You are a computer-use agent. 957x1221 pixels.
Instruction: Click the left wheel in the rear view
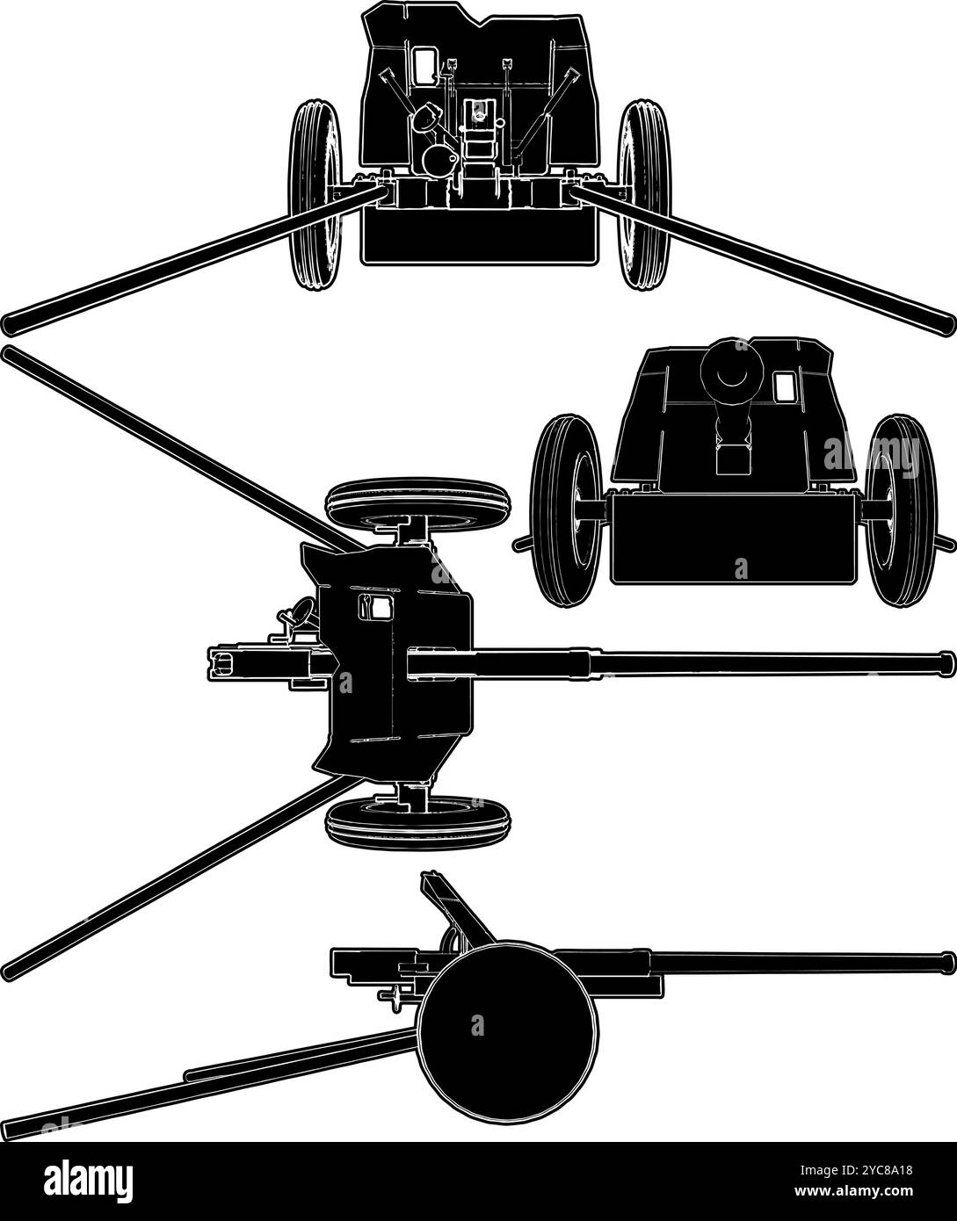point(315,194)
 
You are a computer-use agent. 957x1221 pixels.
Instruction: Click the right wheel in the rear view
point(644,194)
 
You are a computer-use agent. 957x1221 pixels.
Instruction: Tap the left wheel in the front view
point(567,510)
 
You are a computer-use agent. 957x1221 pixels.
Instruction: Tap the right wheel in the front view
point(901,510)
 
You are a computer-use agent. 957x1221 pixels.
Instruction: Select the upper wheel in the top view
point(417,504)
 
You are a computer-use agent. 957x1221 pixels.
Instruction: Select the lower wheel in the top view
point(417,823)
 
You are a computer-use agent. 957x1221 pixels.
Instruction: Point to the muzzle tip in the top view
point(946,663)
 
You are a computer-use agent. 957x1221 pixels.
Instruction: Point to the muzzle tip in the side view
point(947,962)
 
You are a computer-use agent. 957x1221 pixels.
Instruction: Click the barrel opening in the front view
point(731,372)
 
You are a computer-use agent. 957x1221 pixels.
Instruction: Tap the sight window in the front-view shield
point(785,387)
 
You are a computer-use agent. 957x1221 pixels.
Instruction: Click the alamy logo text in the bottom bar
point(89,1181)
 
